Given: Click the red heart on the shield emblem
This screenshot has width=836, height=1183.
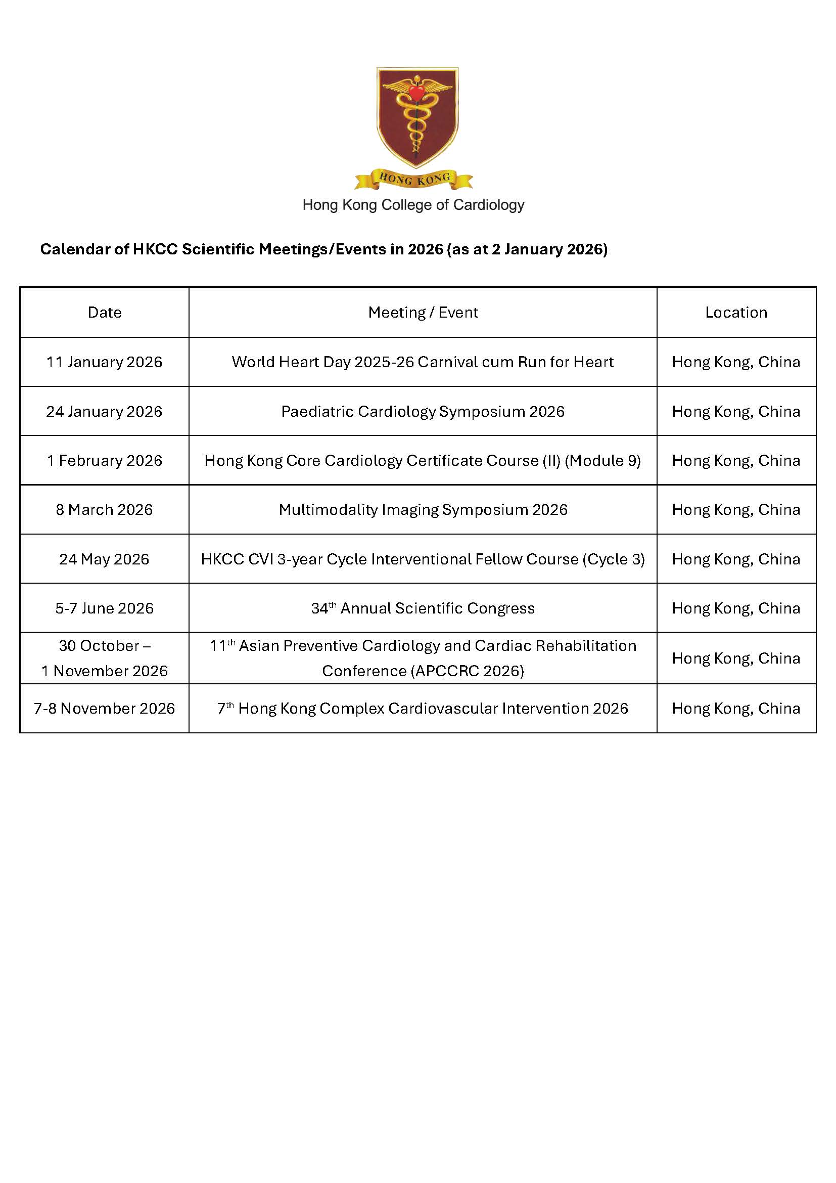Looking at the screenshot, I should (416, 92).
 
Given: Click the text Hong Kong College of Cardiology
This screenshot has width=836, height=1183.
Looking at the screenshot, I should (413, 205).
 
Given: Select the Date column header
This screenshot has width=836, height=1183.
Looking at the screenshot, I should (105, 312).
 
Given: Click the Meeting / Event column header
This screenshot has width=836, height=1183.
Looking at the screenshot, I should (423, 312).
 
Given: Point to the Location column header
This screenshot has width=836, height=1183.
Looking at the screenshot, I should (736, 312).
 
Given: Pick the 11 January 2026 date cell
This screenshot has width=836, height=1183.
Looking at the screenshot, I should (105, 362).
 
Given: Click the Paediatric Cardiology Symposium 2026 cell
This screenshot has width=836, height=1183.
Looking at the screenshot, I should (423, 412).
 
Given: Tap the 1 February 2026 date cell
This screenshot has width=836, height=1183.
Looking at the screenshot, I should (105, 461).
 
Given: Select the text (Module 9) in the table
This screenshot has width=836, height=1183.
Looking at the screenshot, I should (603, 461).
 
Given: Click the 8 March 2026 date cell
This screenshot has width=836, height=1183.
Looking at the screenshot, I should (105, 510).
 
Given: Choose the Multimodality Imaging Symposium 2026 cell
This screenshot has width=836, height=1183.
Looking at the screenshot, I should (423, 510).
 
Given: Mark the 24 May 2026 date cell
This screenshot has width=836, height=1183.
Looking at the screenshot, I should (105, 559).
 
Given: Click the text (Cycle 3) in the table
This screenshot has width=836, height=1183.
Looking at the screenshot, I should (614, 559).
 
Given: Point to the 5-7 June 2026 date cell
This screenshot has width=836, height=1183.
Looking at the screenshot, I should (105, 608).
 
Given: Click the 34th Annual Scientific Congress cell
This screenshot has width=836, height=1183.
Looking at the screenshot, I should (423, 608).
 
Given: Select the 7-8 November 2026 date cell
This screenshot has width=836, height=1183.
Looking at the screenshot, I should (105, 709).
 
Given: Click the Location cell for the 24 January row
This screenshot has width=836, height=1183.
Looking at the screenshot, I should (736, 412).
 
